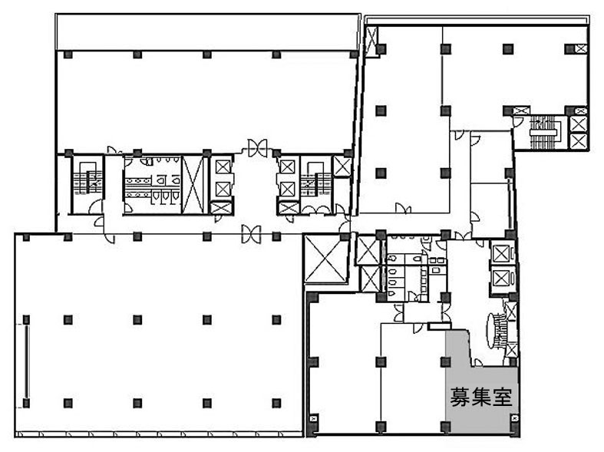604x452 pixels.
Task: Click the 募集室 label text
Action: [481, 397]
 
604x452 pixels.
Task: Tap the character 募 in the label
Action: [460, 397]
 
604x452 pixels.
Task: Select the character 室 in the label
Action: [502, 397]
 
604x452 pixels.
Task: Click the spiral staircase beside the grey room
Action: [497, 330]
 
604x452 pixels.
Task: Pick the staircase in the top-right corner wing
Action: [543, 132]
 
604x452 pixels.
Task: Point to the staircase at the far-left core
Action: [87, 179]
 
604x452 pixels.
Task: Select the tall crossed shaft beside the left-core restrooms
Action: [192, 185]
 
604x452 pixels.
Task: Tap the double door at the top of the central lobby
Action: [257, 147]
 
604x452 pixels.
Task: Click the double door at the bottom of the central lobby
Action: [251, 234]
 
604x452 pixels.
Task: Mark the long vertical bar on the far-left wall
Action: [27, 362]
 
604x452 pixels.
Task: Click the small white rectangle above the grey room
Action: [439, 325]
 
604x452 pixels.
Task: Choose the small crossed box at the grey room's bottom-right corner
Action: [514, 419]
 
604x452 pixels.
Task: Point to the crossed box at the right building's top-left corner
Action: [371, 41]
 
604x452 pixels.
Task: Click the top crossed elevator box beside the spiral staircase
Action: [501, 254]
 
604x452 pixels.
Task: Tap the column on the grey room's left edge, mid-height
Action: [446, 362]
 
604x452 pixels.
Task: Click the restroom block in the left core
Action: [153, 184]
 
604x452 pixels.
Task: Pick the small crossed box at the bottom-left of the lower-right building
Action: [314, 419]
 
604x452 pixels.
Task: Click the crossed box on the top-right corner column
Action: [581, 48]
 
